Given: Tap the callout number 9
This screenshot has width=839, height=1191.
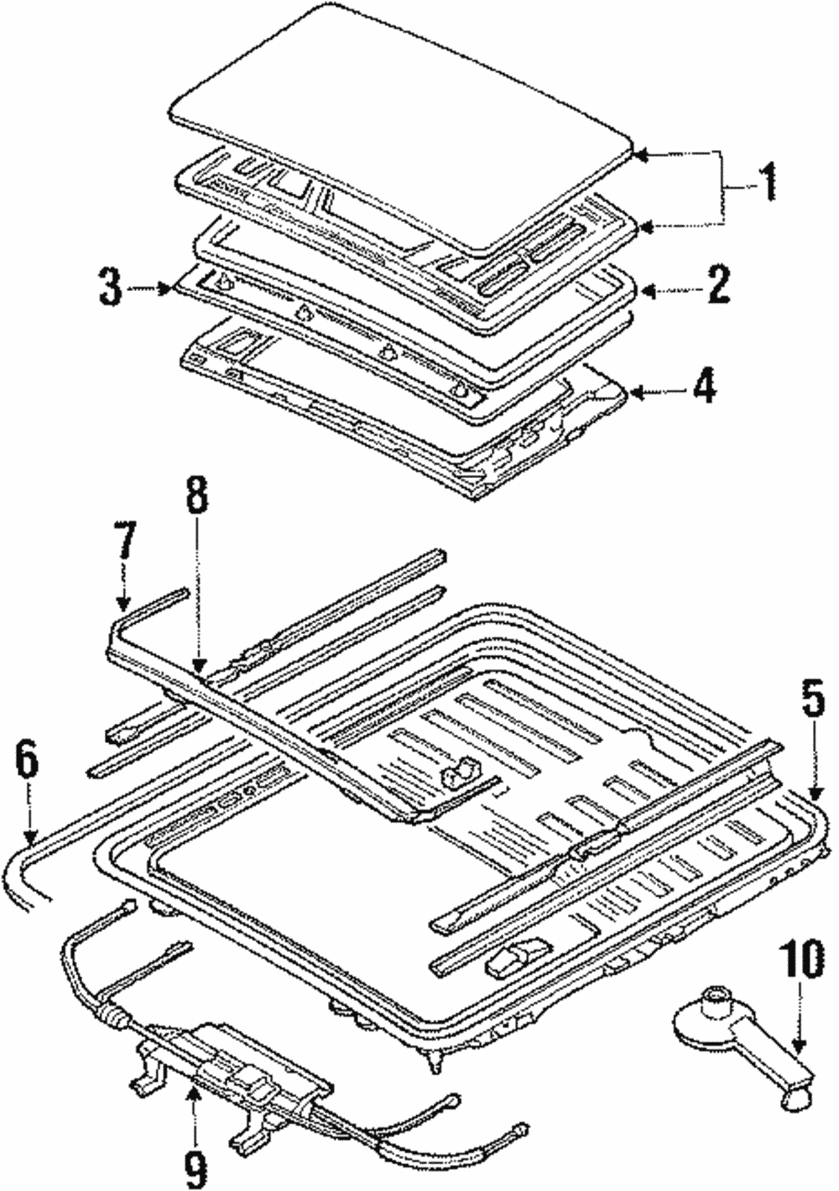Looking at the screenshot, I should pyautogui.click(x=195, y=1162).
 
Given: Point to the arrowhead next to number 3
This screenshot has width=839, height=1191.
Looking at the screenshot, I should pyautogui.click(x=166, y=289).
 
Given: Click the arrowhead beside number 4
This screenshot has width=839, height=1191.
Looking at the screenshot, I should pyautogui.click(x=634, y=391).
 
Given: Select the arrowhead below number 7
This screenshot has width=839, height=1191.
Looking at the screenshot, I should pyautogui.click(x=123, y=603).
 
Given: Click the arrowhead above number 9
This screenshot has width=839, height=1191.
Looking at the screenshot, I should pyautogui.click(x=193, y=1090).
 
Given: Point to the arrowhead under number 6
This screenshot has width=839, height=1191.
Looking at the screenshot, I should pyautogui.click(x=30, y=835).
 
